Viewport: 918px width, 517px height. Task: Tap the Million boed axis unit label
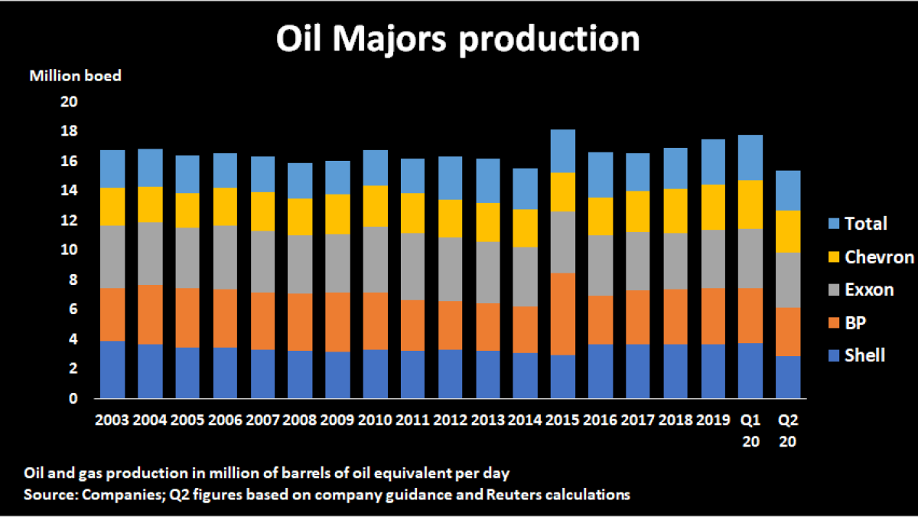click(x=75, y=76)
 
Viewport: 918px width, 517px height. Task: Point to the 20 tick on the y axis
click(x=70, y=102)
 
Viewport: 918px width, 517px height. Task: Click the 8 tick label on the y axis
click(x=73, y=280)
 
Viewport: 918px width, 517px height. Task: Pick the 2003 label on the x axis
click(x=113, y=420)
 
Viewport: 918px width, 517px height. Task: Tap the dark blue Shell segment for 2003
click(x=113, y=370)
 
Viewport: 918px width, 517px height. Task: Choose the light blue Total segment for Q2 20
click(x=788, y=190)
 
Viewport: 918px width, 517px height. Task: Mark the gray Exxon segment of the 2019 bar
click(x=713, y=259)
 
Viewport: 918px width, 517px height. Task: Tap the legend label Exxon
click(x=869, y=290)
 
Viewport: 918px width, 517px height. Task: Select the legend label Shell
click(x=865, y=355)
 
